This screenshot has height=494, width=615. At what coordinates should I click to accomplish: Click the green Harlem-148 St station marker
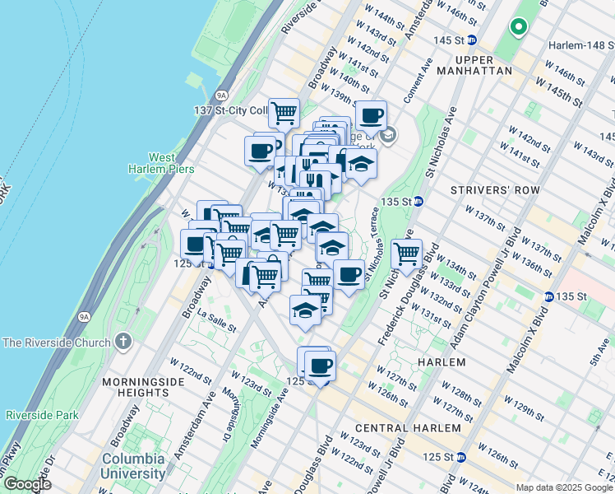[x=519, y=28]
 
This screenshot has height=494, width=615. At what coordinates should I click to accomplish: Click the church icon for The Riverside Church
[x=123, y=341]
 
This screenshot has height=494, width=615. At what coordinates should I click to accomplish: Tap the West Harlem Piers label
[x=171, y=163]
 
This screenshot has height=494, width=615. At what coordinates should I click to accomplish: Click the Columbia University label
[x=133, y=466]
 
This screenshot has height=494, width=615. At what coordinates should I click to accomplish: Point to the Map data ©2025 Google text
[x=562, y=487]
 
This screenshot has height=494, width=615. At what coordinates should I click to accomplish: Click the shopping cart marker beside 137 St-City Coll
[x=284, y=112]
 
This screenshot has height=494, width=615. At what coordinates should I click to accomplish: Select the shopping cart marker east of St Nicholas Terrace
[x=406, y=253]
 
